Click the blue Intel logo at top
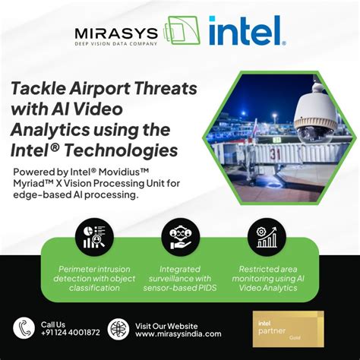tap(245, 33)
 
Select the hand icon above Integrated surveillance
tap(179, 236)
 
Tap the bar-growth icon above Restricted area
tap(267, 236)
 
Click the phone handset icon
tap(23, 328)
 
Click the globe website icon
tap(118, 328)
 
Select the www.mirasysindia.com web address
tap(178, 333)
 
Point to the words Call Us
tap(54, 323)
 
